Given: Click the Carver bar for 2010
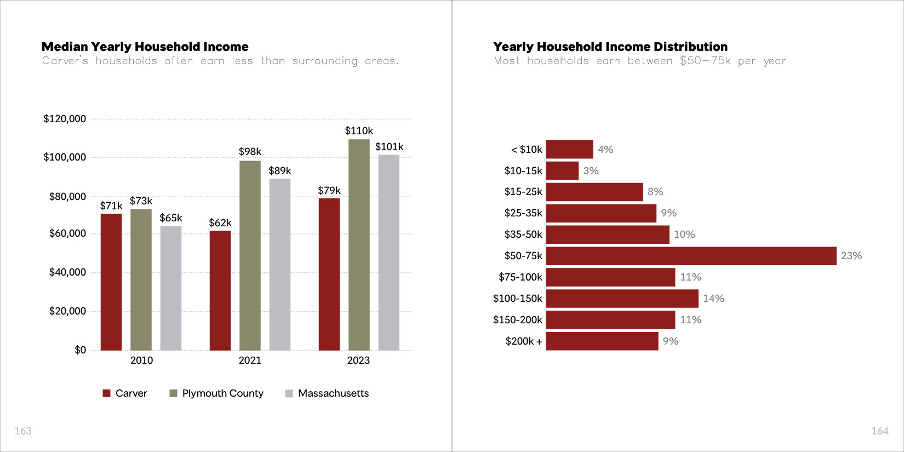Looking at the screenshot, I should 111,282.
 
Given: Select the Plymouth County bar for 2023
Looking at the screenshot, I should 359,244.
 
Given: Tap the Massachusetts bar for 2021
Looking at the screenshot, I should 280,264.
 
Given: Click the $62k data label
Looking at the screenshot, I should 220,223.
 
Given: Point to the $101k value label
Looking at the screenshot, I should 389,147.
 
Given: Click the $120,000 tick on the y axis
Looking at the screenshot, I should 65,119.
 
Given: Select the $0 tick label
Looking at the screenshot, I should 80,350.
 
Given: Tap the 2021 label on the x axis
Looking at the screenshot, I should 250,361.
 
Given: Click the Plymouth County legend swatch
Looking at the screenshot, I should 174,393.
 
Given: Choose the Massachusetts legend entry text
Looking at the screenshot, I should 333,393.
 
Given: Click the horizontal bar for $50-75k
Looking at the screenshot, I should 691,256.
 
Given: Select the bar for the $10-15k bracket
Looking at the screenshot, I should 562,170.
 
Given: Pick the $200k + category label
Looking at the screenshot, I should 524,341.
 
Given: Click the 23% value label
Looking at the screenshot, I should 851,256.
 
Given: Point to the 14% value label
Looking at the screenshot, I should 713,299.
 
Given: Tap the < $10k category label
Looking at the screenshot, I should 527,150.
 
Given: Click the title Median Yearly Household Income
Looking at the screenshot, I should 145,47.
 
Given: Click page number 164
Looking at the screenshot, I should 879,431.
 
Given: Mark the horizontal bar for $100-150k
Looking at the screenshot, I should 622,299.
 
